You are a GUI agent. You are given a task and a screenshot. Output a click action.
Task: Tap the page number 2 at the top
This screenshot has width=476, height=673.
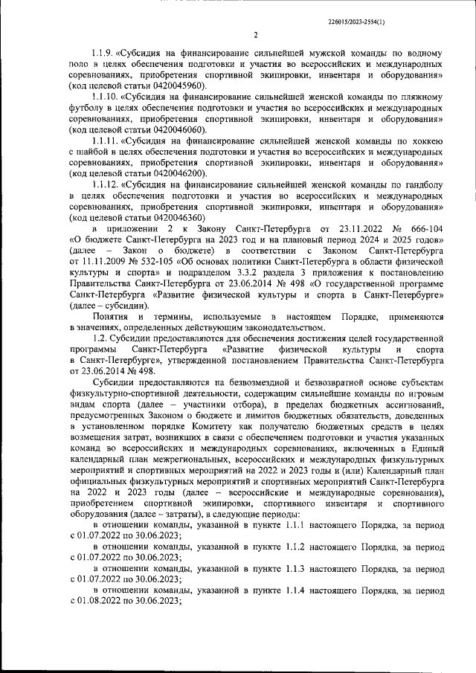tap(255, 36)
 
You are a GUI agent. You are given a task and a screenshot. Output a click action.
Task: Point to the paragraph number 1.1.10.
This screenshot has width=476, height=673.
tap(105, 97)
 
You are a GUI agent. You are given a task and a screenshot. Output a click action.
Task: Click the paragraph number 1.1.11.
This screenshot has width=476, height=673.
tap(105, 139)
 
